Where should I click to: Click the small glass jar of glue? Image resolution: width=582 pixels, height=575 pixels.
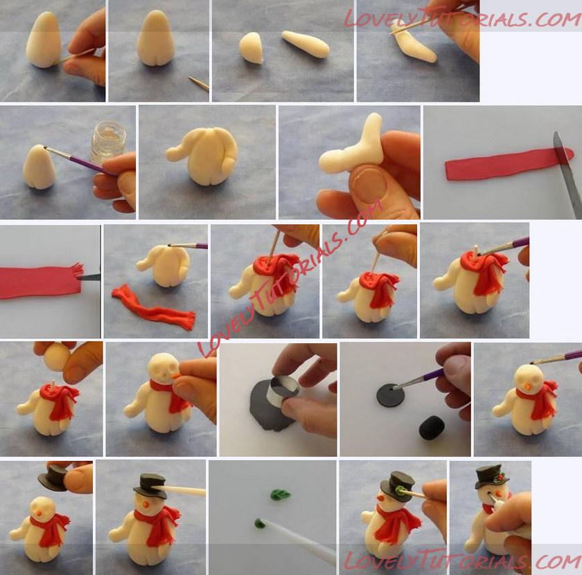[x=108, y=142]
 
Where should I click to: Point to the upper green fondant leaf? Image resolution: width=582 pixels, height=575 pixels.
[x=281, y=495]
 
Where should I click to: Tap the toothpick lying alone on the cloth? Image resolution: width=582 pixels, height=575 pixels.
[x=199, y=84]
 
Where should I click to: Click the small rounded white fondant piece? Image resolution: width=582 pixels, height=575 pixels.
[x=252, y=48]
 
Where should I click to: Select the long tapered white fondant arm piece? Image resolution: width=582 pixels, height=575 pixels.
[x=306, y=44]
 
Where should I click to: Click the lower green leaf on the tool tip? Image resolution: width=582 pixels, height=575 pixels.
[x=260, y=523]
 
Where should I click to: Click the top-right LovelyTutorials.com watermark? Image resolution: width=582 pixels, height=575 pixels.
[x=462, y=18]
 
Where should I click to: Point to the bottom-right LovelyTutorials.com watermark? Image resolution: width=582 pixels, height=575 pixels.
[x=462, y=560]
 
